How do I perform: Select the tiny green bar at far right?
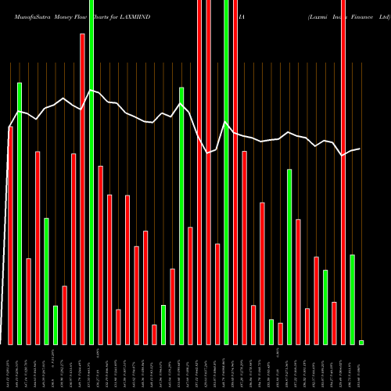click(361, 342)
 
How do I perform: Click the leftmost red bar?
click(10, 235)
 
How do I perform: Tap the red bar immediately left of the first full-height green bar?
click(82, 188)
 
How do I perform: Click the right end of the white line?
click(361, 149)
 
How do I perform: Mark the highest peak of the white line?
click(91, 90)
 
